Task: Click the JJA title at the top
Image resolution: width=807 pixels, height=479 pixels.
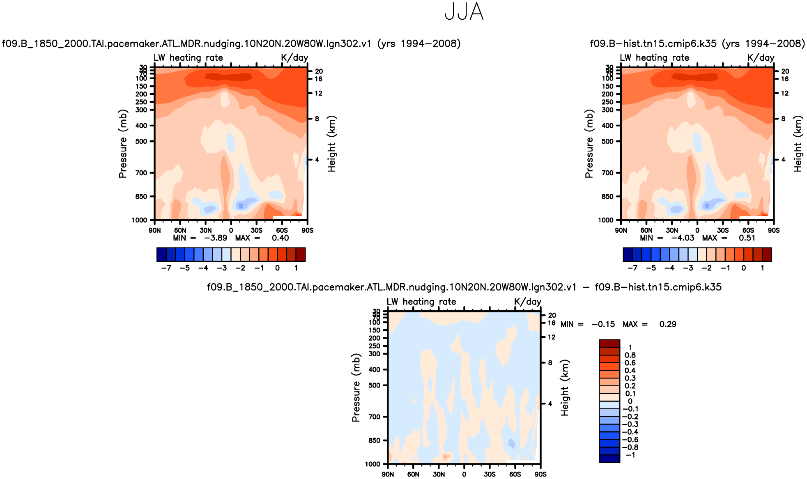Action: coord(464,12)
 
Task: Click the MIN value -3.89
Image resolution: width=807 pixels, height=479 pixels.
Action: coord(216,238)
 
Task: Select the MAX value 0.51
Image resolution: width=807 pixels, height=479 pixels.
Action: coord(747,238)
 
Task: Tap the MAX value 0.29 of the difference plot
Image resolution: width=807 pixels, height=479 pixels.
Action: coord(668,324)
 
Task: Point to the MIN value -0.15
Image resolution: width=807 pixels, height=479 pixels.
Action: coord(603,324)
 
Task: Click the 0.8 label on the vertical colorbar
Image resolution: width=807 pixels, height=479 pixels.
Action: coord(630,355)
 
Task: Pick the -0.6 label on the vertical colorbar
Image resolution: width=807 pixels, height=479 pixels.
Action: coord(630,440)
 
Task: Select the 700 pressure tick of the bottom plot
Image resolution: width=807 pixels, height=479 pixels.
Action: coord(375,417)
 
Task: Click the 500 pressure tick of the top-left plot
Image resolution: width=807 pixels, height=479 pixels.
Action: coord(141,142)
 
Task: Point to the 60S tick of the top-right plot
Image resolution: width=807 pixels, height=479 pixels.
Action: coord(748,231)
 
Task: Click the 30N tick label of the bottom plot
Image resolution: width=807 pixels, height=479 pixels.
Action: coord(439,474)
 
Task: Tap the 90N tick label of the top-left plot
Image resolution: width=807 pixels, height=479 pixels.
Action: coord(155,231)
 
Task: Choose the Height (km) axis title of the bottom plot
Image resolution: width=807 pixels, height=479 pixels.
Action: coord(565,388)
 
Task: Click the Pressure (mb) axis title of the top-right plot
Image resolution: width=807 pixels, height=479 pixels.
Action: coord(589,144)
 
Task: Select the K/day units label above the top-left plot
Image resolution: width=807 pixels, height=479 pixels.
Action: coord(294,58)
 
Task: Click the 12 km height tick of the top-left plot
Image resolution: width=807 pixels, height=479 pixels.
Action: coord(319,94)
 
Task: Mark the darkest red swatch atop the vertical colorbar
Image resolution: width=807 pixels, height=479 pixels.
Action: coord(609,344)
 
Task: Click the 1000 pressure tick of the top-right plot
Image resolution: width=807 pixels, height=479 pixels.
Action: coord(606,220)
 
